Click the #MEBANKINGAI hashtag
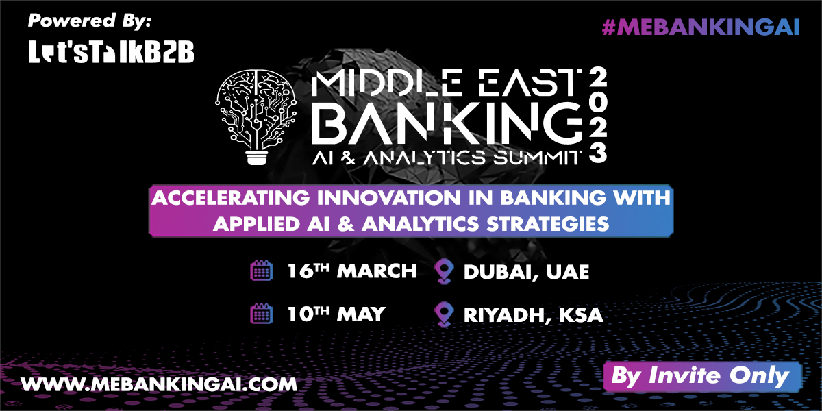click(x=701, y=27)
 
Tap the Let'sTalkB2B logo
click(x=111, y=52)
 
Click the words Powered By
click(x=90, y=21)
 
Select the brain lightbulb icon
click(x=256, y=116)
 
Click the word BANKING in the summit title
click(x=447, y=123)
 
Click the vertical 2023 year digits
click(x=598, y=116)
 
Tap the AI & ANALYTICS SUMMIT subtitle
click(x=447, y=158)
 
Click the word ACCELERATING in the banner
click(x=231, y=198)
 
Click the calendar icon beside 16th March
click(x=262, y=271)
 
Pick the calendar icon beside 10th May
click(x=262, y=314)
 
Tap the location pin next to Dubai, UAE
click(x=444, y=271)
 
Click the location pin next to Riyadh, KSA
click(x=444, y=314)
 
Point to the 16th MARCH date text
click(x=352, y=271)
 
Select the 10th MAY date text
click(x=336, y=314)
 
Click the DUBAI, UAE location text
click(x=527, y=273)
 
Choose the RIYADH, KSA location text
click(x=534, y=316)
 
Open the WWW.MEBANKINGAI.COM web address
click(x=159, y=384)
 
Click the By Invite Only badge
click(x=702, y=377)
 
